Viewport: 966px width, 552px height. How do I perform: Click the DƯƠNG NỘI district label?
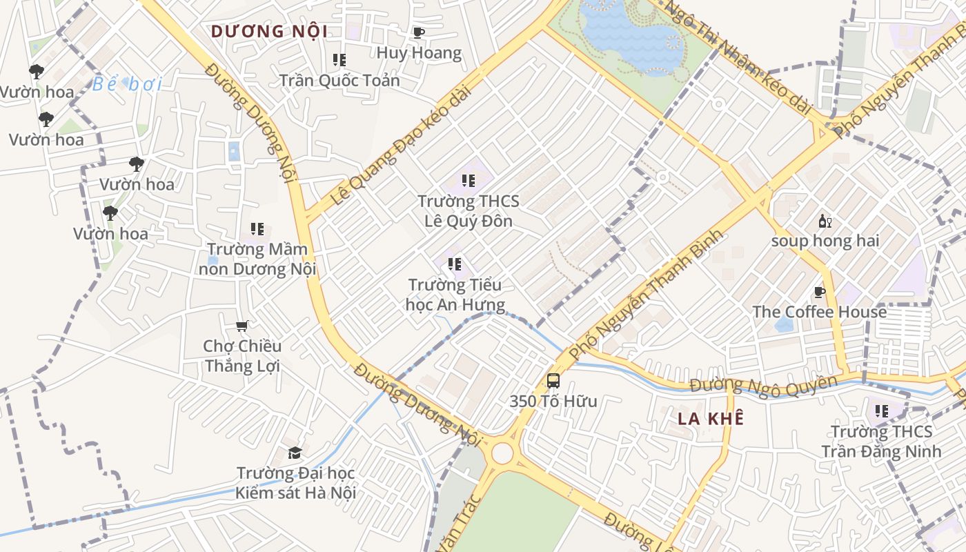pyautogui.click(x=269, y=32)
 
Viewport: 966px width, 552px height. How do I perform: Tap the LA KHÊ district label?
pyautogui.click(x=711, y=419)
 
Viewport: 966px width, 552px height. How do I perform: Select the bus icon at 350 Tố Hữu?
pyautogui.click(x=553, y=380)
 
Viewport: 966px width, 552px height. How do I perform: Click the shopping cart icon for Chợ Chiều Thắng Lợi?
pyautogui.click(x=241, y=326)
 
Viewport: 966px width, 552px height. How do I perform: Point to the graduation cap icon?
pyautogui.click(x=295, y=453)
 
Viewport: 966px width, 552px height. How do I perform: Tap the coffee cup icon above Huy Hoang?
pyautogui.click(x=418, y=32)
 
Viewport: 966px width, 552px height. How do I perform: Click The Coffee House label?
pyautogui.click(x=820, y=312)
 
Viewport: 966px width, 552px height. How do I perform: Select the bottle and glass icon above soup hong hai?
pyautogui.click(x=825, y=221)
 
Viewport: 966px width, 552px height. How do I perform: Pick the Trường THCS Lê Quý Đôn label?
pyautogui.click(x=469, y=211)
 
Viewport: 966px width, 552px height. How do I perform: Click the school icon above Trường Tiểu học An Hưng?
pyautogui.click(x=454, y=264)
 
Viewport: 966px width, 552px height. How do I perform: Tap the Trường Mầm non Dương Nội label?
pyautogui.click(x=257, y=259)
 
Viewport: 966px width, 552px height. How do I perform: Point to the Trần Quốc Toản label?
pyautogui.click(x=339, y=81)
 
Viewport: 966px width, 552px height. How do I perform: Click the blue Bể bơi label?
pyautogui.click(x=128, y=84)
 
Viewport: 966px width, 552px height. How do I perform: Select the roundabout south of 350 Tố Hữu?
pyautogui.click(x=502, y=453)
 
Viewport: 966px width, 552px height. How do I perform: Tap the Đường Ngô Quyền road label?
pyautogui.click(x=764, y=386)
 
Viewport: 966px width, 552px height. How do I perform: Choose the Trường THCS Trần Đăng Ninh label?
pyautogui.click(x=881, y=442)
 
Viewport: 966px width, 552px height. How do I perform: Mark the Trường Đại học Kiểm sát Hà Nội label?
pyautogui.click(x=296, y=482)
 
